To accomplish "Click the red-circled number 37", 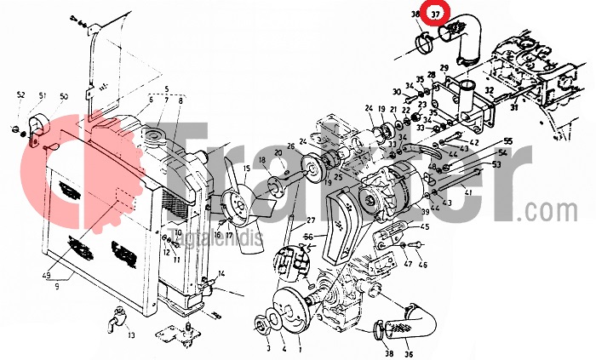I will click(x=435, y=14).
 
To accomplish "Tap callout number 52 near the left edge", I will click(x=20, y=94).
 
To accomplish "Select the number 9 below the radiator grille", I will click(x=56, y=287).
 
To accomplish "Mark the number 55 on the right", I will click(x=508, y=140).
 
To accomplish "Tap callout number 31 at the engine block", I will click(x=513, y=107).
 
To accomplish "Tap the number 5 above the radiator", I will click(x=167, y=89).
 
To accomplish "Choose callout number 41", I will click(x=467, y=193).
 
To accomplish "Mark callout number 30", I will click(x=397, y=91).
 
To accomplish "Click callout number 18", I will click(x=263, y=161).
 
